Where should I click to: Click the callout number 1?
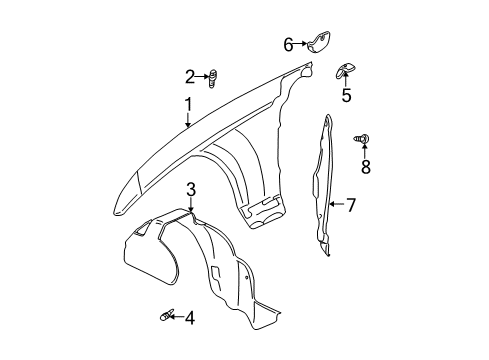tap(186, 104)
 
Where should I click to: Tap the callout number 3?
tap(190, 188)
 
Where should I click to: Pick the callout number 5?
tap(346, 96)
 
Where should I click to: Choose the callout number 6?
tap(288, 43)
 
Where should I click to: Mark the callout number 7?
tap(350, 206)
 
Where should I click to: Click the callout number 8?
tap(365, 166)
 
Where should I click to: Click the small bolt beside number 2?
tap(212, 76)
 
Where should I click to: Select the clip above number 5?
tap(343, 70)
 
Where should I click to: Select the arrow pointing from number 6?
tap(301, 43)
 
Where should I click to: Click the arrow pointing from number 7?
tap(336, 206)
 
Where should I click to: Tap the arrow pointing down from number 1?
tap(187, 120)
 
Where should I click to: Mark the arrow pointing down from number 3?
tap(190, 204)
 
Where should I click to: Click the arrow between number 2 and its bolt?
tap(201, 76)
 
